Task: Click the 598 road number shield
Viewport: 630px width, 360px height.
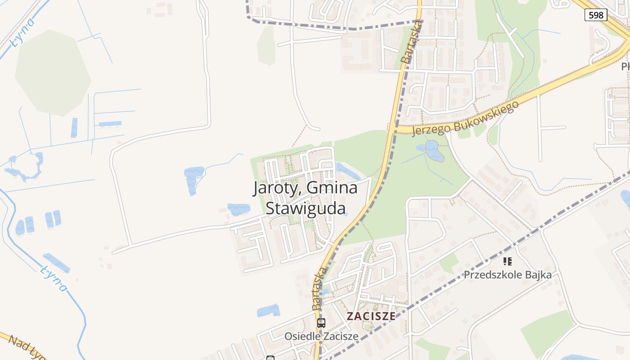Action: click(596, 15)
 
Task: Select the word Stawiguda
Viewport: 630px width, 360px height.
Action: click(306, 208)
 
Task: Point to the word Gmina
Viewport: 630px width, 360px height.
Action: click(332, 188)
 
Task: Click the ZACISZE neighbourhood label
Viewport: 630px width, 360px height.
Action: click(371, 316)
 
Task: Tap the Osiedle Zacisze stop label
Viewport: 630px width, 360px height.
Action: click(321, 336)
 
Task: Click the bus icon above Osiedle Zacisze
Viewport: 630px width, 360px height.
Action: click(321, 323)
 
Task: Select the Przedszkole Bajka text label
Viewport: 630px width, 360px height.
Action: click(508, 274)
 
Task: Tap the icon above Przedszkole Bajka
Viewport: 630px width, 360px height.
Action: click(508, 261)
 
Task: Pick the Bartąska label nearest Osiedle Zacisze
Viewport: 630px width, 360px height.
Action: click(319, 288)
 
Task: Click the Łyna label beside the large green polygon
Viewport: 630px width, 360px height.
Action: click(23, 32)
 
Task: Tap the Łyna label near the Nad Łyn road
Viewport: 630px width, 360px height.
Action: click(54, 278)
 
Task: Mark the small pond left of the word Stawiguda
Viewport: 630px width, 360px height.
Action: click(238, 209)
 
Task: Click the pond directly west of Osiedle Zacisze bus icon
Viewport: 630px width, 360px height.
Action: click(269, 311)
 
